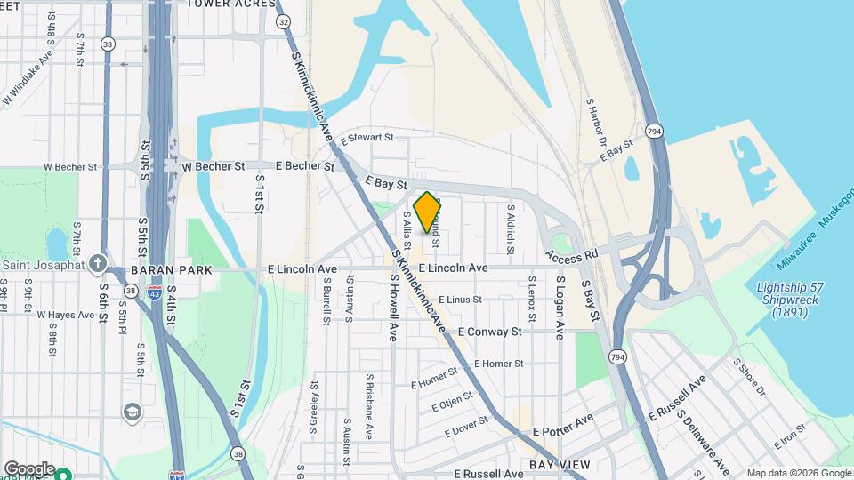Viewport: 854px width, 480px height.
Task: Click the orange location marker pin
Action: pyautogui.click(x=427, y=212)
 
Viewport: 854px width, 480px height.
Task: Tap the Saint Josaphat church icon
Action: pyautogui.click(x=97, y=264)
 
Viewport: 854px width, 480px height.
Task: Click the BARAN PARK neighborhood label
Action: pyautogui.click(x=171, y=269)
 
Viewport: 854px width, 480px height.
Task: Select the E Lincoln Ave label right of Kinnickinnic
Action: pyautogui.click(x=453, y=268)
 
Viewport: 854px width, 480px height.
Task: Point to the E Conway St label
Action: pyautogui.click(x=489, y=332)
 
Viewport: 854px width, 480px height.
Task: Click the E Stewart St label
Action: pyautogui.click(x=366, y=138)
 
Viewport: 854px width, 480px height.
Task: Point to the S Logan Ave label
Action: pyautogui.click(x=560, y=308)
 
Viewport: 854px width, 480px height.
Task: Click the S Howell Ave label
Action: pyautogui.click(x=392, y=308)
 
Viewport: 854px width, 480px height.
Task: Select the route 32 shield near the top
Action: pyautogui.click(x=283, y=20)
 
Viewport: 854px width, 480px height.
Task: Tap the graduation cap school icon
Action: pyautogui.click(x=133, y=412)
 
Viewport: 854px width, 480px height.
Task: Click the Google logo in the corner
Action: pyautogui.click(x=29, y=468)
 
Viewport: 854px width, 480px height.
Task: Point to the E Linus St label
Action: pyautogui.click(x=460, y=300)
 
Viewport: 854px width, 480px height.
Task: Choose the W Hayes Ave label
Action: pyautogui.click(x=65, y=315)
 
